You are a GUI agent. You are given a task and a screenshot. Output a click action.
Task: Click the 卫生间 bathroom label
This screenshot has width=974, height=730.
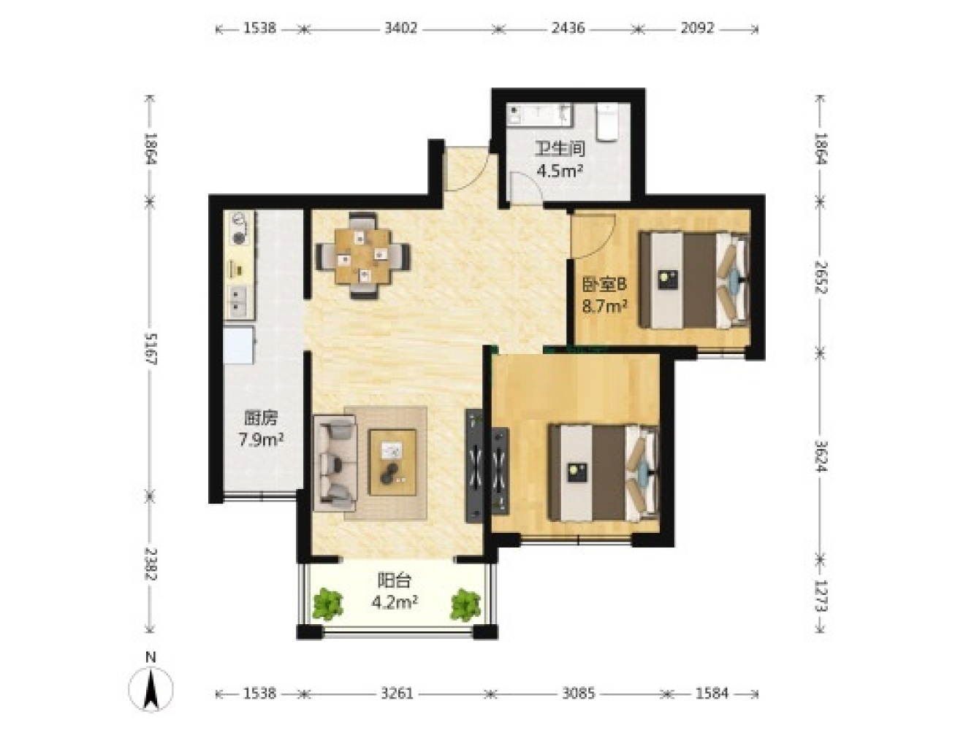560,149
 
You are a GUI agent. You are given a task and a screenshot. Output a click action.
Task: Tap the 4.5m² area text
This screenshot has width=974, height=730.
560,171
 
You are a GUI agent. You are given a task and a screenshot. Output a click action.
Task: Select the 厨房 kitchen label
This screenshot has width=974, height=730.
260,418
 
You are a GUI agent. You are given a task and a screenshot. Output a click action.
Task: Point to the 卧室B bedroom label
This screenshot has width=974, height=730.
604,284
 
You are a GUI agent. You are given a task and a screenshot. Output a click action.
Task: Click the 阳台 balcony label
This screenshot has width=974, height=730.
395,580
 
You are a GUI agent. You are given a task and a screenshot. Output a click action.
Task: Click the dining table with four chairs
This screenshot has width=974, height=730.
363,256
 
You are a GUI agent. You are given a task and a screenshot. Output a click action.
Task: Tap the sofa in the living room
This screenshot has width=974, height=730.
335,463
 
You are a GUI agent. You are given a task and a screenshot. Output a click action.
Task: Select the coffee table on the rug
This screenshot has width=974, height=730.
392,462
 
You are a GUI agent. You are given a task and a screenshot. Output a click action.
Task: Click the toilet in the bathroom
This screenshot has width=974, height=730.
606,123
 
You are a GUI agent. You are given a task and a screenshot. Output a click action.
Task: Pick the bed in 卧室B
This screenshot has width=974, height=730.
694,280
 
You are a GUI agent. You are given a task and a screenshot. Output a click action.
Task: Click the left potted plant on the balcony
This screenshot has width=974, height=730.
328,604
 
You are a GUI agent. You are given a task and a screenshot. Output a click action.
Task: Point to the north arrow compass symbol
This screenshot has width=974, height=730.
151,690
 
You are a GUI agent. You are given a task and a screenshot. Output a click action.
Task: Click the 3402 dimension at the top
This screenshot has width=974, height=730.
400,28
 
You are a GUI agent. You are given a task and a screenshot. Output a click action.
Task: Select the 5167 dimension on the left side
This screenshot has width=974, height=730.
151,349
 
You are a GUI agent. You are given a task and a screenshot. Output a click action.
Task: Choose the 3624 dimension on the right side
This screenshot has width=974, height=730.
820,456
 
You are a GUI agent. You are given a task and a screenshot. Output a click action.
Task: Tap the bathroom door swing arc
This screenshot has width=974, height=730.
526,188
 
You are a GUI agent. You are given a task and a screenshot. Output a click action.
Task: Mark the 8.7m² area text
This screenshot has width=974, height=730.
604,306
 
